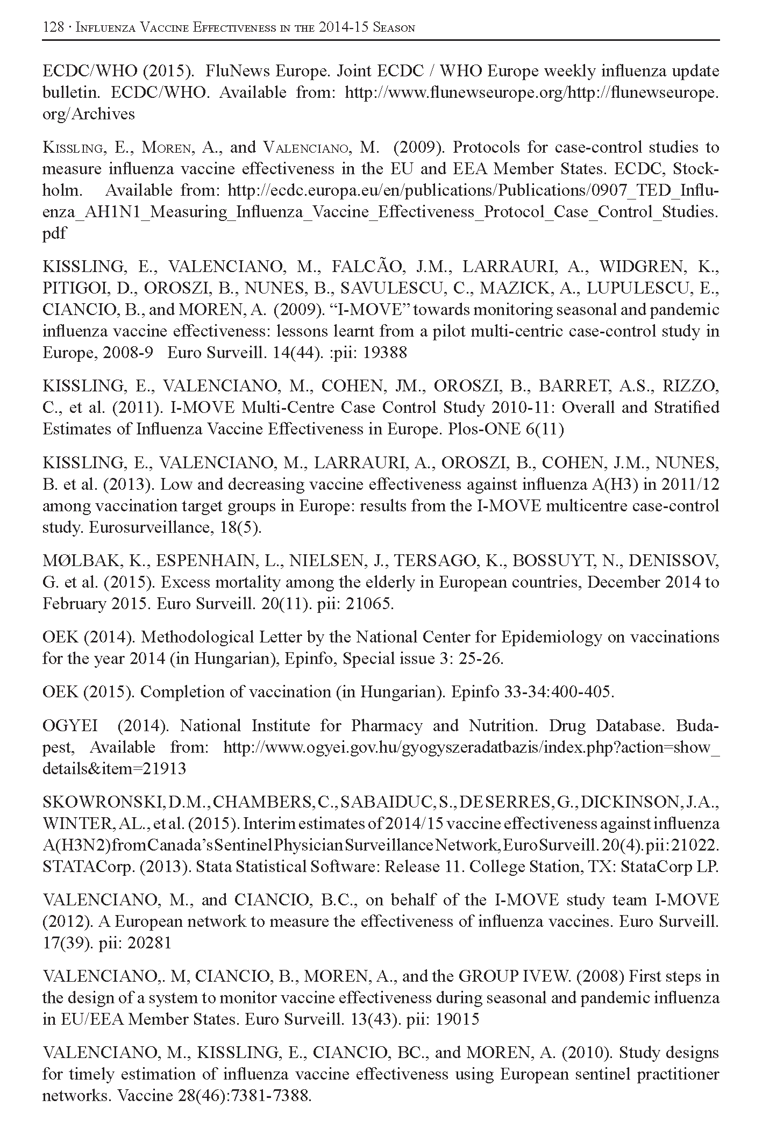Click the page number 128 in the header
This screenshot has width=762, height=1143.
53,27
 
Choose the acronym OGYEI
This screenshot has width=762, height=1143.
70,726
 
